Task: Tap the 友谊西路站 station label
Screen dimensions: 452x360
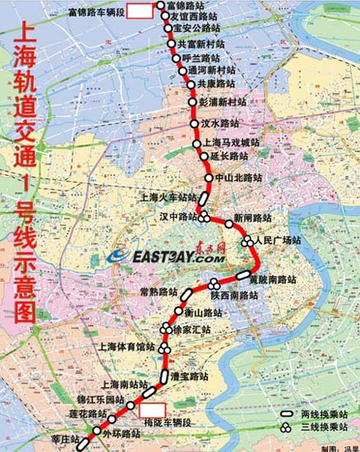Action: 194,16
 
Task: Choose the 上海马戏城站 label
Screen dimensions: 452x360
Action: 230,142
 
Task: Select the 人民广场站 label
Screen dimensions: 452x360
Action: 278,241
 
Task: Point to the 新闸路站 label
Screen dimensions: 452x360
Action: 252,218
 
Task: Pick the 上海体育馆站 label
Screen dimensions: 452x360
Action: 125,348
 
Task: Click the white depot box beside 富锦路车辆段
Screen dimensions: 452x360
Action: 141,11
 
